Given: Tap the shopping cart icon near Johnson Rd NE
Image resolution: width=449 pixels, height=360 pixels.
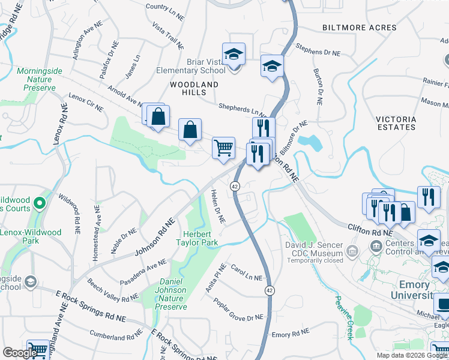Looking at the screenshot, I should pyautogui.click(x=223, y=147).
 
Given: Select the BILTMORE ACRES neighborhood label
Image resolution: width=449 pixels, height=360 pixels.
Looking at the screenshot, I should pyautogui.click(x=359, y=28).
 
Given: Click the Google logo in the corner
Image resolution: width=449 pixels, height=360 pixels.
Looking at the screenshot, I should pyautogui.click(x=20, y=353).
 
